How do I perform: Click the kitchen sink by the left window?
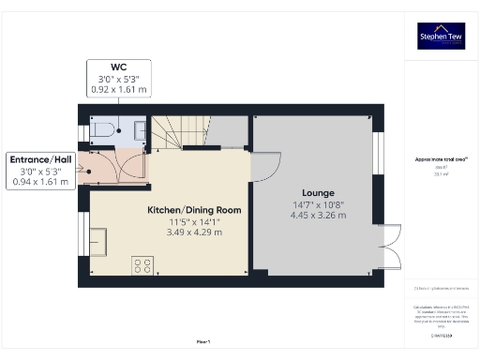coord(97,241)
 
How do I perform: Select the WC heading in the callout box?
coord(118,67)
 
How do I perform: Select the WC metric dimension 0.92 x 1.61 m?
coord(118,90)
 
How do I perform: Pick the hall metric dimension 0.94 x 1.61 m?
coord(40,182)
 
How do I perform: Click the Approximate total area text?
coord(440,159)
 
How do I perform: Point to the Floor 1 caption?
coord(202,342)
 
